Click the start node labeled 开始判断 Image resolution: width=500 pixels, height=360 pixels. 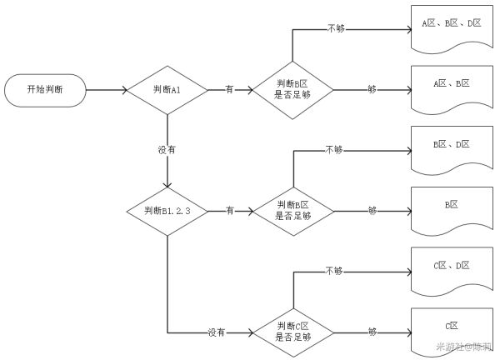tap(45, 89)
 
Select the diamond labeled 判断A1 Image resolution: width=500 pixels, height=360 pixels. tap(167, 89)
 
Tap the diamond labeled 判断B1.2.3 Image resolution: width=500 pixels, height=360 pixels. tap(167, 211)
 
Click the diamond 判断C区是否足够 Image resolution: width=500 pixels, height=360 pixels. tap(292, 332)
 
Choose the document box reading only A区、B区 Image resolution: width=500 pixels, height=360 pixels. tap(451, 87)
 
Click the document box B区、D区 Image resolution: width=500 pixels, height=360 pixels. tap(451, 147)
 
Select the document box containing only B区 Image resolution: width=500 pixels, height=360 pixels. tap(451, 207)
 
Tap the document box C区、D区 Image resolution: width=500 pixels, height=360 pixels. tap(451, 268)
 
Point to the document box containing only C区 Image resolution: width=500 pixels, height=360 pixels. tap(451, 328)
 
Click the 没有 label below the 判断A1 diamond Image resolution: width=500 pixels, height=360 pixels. tap(167, 150)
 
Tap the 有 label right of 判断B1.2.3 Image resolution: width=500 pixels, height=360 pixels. tap(229, 211)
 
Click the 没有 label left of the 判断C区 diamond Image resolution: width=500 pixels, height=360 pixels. tap(216, 332)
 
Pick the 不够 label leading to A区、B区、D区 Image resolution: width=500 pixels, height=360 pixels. tap(335, 28)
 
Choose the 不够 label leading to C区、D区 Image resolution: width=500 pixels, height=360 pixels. tap(334, 271)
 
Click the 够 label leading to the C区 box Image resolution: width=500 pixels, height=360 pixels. tap(372, 332)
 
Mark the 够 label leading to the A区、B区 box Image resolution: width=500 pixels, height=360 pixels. tap(372, 89)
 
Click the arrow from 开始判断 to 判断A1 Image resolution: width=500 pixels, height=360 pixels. tap(104, 89)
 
